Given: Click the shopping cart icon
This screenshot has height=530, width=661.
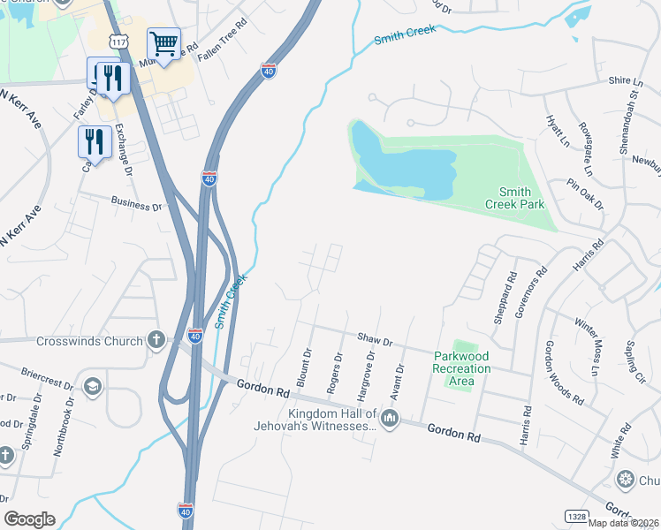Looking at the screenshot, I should pos(163,42).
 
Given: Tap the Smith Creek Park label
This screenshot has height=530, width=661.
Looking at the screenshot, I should pos(515,198).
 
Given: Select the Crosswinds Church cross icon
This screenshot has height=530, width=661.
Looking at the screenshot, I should pos(156,340).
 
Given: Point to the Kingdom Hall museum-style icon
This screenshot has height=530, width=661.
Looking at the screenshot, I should pos(390,417).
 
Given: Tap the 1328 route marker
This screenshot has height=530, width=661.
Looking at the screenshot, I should pos(576,515).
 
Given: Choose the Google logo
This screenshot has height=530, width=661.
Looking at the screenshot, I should pos(29,519).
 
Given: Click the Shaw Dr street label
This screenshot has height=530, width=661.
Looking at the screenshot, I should pos(375,338).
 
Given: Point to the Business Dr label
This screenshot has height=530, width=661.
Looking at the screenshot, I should pos(137,205).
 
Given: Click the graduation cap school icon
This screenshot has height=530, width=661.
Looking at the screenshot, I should pos(92,386).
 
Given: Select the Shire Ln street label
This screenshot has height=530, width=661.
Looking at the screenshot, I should pos(619,80).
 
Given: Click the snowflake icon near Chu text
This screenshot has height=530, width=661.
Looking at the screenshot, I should pos(626,480).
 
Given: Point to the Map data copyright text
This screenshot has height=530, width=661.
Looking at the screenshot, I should pos(622,522).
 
